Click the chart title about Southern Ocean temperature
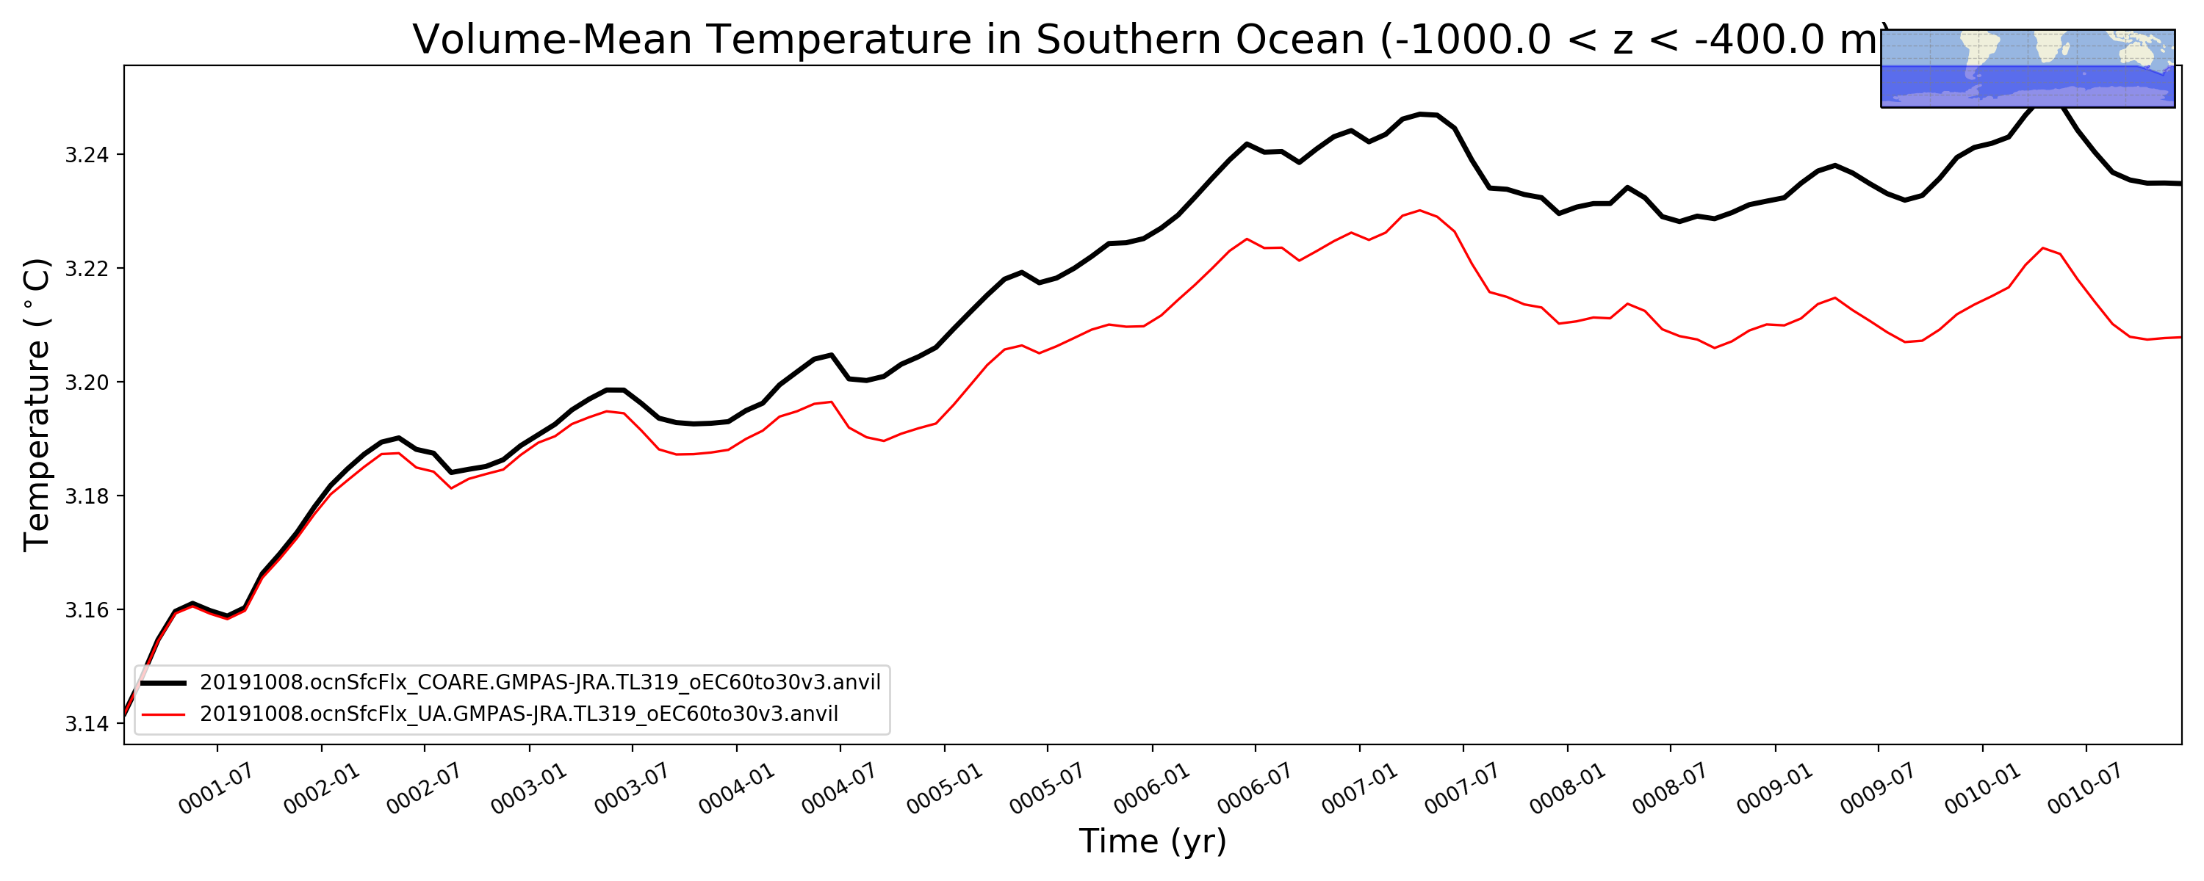click(x=1147, y=40)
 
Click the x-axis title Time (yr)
click(x=1153, y=841)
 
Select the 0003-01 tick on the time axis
click(x=529, y=788)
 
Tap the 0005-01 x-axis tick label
click(x=945, y=788)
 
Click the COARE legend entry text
click(x=540, y=683)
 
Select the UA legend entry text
click(x=519, y=714)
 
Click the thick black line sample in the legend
click(x=163, y=683)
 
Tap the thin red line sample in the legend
click(x=163, y=714)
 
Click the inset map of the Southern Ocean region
click(x=2028, y=68)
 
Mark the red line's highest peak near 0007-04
click(x=1420, y=211)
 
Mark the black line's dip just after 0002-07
click(x=451, y=472)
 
